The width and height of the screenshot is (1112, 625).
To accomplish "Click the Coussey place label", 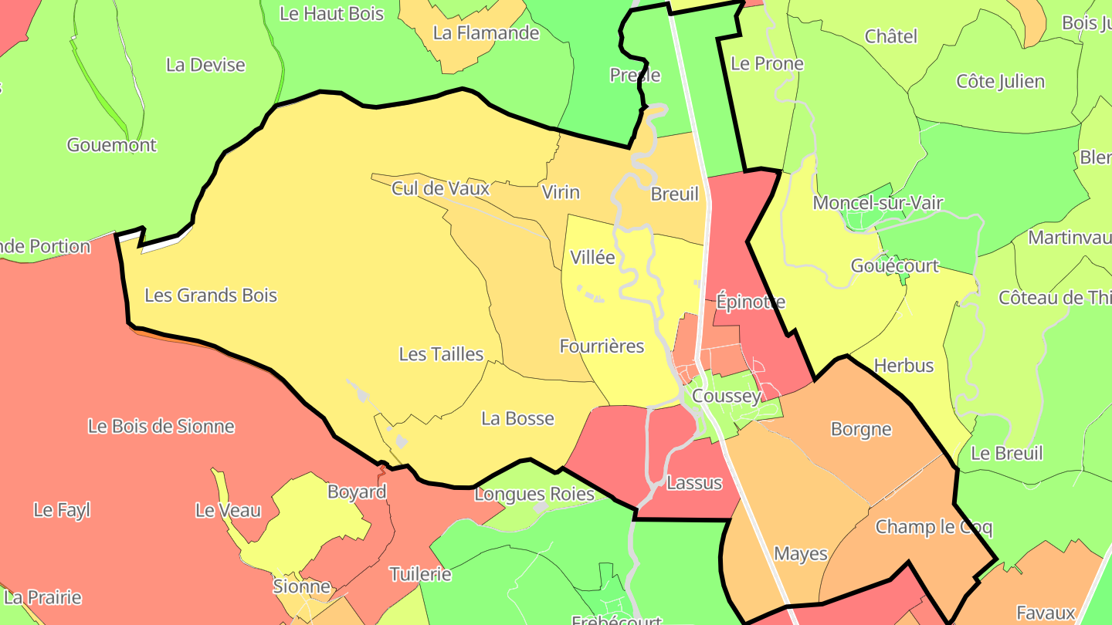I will point(727,397).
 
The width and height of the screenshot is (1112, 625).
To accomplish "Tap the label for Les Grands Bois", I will point(211,296).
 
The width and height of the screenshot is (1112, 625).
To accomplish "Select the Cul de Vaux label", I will point(441,188).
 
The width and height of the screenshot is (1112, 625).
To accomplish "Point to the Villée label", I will point(593,258).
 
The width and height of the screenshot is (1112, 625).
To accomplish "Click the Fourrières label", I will point(602,346).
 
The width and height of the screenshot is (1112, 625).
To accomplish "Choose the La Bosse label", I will point(517,419).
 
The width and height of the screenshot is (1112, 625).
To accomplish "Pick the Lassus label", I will point(693,484).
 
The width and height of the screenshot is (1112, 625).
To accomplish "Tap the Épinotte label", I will point(751,302).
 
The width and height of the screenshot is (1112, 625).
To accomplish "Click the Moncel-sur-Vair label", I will point(878,204).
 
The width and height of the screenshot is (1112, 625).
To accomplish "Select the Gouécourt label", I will point(894,266).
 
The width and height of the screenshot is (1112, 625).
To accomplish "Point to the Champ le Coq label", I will point(934,528).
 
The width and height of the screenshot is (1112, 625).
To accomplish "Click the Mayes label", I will point(801,554).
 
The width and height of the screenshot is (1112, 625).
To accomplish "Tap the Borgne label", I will point(861,430).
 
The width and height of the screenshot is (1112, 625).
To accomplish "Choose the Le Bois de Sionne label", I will point(161,427).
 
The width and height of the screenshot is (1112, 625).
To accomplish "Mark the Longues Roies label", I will point(534,495).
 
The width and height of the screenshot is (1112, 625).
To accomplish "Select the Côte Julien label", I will point(1000,82).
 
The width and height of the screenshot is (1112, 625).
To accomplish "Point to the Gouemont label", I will point(112,145).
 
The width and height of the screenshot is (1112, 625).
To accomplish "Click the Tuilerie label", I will point(420,575).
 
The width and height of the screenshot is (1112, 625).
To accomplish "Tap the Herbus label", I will point(903,366).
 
